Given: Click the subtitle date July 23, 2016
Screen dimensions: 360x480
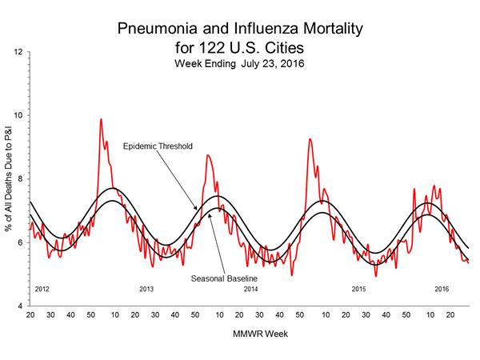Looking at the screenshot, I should pyautogui.click(x=270, y=63).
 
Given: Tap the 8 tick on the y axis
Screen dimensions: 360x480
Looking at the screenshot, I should pyautogui.click(x=20, y=179).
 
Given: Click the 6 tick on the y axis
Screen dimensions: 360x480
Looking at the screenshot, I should pyautogui.click(x=20, y=242).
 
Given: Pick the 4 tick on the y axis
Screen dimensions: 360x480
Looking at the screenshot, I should pyautogui.click(x=20, y=306).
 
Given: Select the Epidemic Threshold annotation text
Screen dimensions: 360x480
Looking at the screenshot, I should pyautogui.click(x=158, y=146).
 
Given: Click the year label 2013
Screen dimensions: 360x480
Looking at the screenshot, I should pyautogui.click(x=146, y=288).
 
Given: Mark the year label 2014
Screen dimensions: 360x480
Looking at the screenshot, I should pyautogui.click(x=251, y=288).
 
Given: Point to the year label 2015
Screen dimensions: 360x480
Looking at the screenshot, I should pyautogui.click(x=358, y=288).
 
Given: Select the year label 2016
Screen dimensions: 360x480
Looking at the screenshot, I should pyautogui.click(x=442, y=288).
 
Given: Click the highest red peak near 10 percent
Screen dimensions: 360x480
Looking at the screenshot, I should pyautogui.click(x=101, y=119).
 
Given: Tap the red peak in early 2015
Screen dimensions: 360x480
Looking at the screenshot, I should pyautogui.click(x=310, y=139).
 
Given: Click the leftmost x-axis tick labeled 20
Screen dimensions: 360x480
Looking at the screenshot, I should pyautogui.click(x=30, y=315).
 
